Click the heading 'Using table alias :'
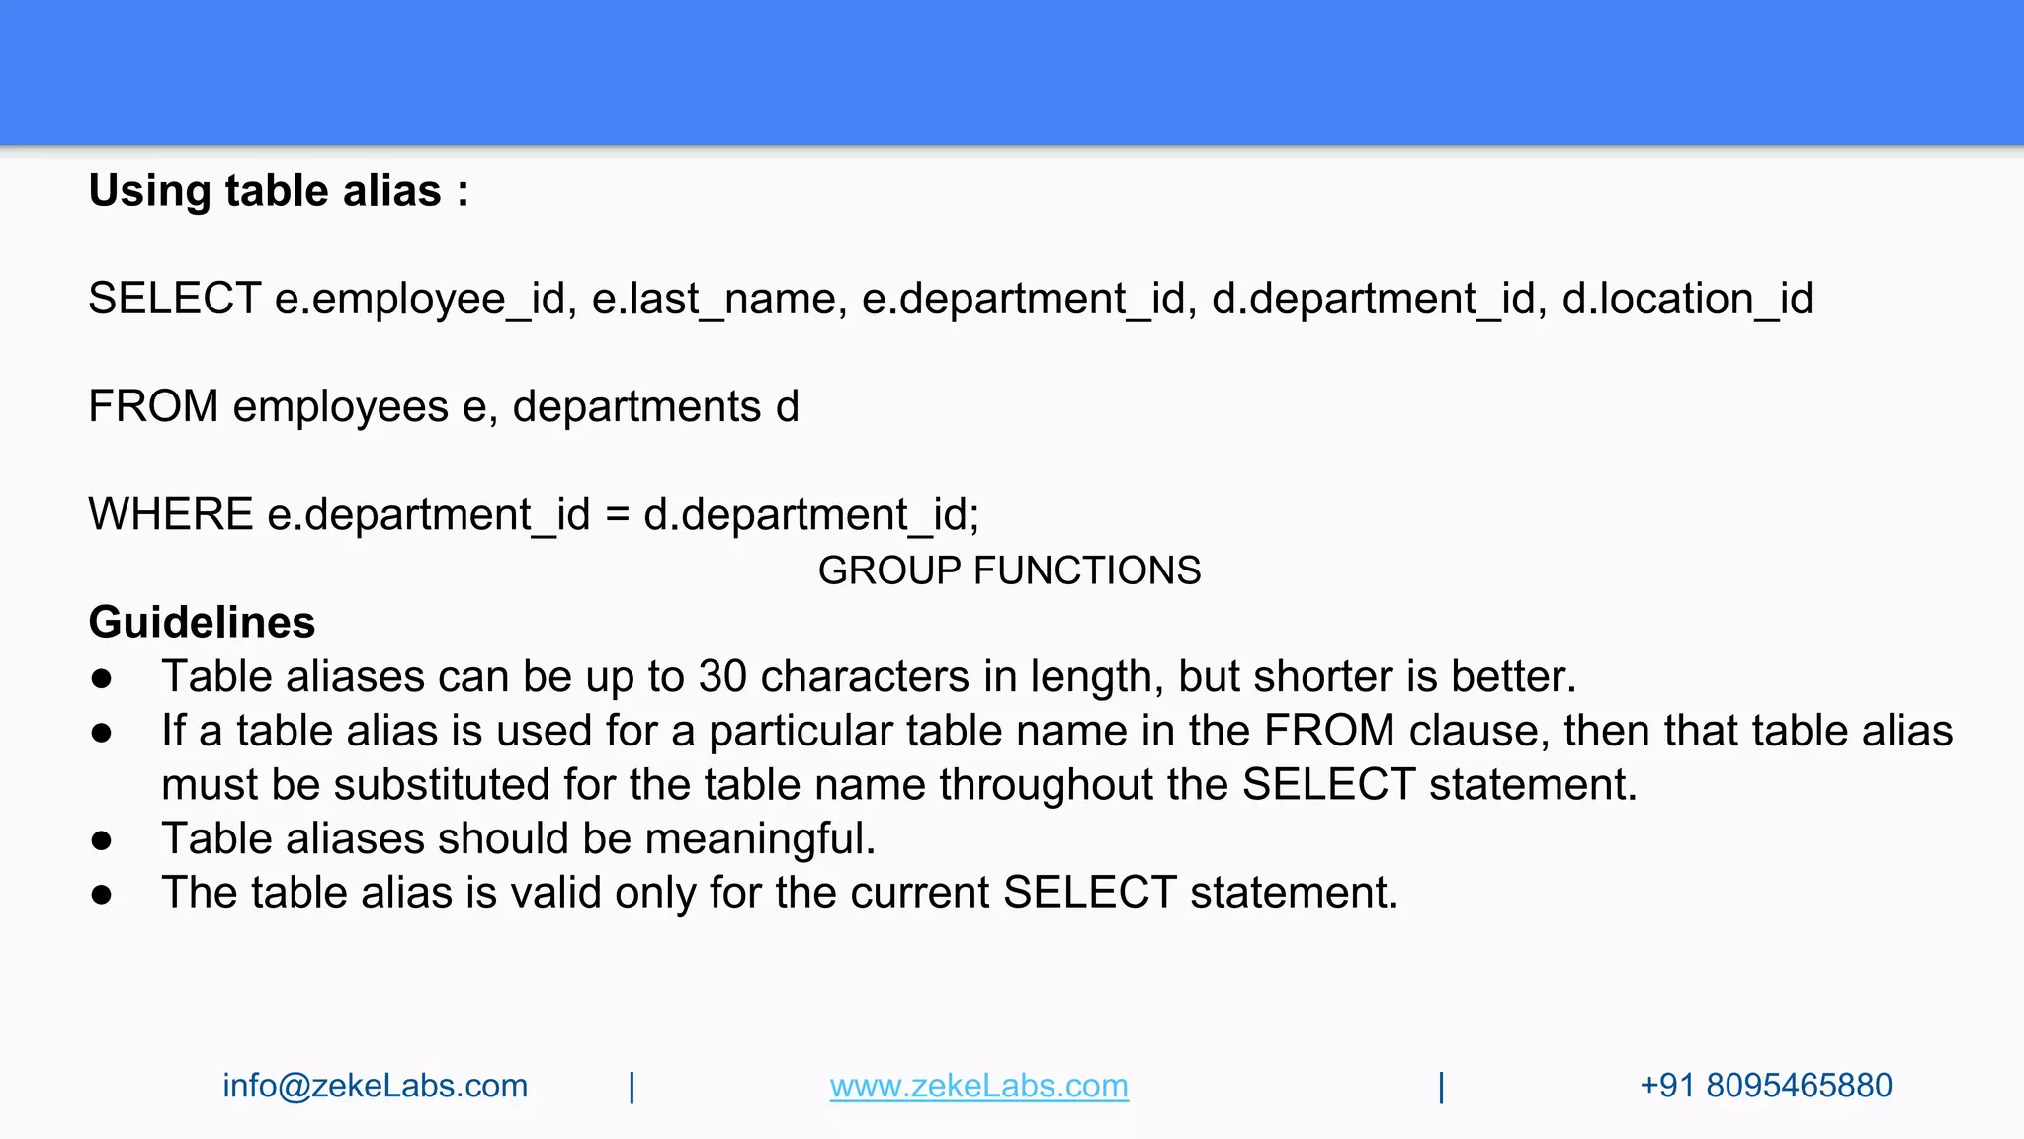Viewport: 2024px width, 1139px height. pos(278,191)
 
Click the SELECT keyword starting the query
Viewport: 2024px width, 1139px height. pos(174,299)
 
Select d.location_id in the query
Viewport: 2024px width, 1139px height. pos(1687,299)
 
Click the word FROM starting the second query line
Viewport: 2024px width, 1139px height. pos(153,406)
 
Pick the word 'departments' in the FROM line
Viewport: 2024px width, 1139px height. pos(636,406)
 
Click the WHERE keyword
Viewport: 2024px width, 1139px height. pos(170,514)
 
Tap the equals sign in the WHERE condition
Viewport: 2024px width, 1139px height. pos(617,514)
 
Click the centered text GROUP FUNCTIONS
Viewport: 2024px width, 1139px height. pos(1009,570)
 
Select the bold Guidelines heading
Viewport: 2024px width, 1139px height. pos(202,622)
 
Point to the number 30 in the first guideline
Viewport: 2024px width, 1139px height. pos(722,676)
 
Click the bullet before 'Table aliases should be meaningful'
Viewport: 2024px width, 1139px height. pos(101,840)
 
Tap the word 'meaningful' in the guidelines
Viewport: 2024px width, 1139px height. pos(760,838)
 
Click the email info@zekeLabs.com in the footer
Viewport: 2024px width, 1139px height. pos(375,1086)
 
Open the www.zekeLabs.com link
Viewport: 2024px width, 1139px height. pos(978,1086)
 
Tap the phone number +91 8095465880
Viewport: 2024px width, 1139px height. pos(1765,1086)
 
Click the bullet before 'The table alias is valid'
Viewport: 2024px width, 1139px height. pos(101,895)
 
